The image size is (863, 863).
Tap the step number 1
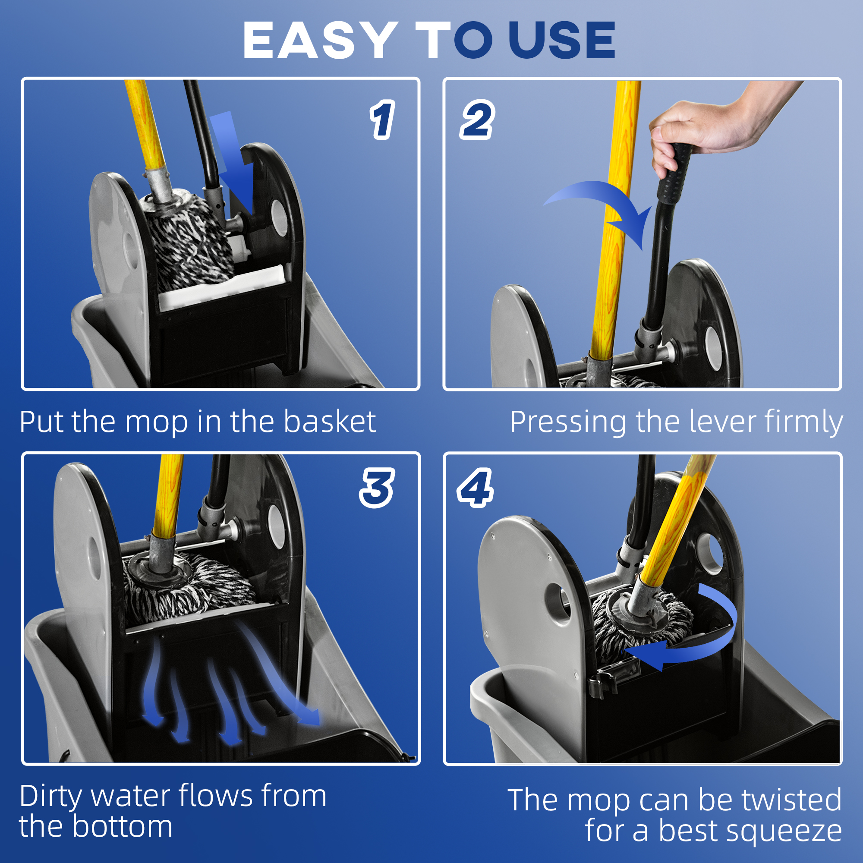(382, 120)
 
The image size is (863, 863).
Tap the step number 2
(477, 119)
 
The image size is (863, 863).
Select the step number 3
(377, 488)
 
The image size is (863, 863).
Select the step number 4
(475, 488)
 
